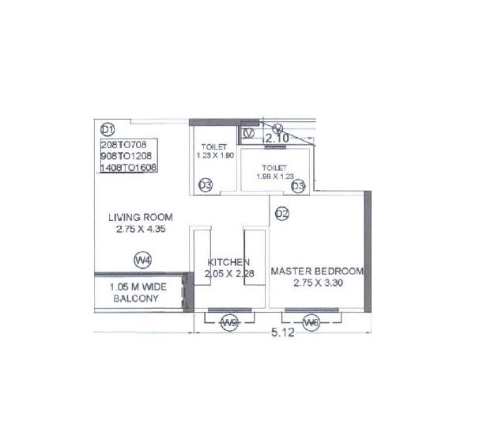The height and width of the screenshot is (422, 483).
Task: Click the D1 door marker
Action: pyautogui.click(x=108, y=129)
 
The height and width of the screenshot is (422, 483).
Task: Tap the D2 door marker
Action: pyautogui.click(x=283, y=211)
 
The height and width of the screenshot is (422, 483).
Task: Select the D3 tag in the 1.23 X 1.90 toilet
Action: pyautogui.click(x=205, y=185)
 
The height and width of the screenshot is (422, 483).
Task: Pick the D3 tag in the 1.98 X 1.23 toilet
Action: pyautogui.click(x=298, y=186)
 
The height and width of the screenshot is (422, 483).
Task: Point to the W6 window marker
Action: pyautogui.click(x=311, y=322)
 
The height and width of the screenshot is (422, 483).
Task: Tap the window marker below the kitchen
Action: pyautogui.click(x=230, y=322)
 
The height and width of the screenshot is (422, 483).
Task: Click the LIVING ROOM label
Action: pyautogui.click(x=141, y=217)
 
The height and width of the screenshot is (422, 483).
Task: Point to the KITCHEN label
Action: pyautogui.click(x=229, y=262)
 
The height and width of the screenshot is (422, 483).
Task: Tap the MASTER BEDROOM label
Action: pyautogui.click(x=317, y=271)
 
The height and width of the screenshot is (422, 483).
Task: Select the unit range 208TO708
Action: pyautogui.click(x=130, y=146)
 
